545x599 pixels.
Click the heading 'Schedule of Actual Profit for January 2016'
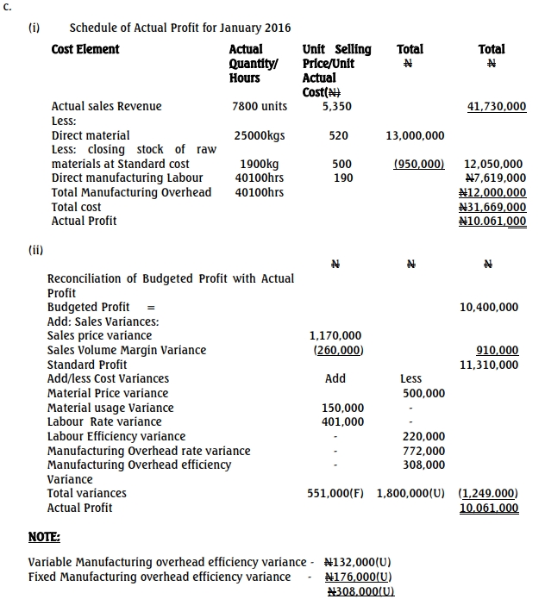click(x=180, y=28)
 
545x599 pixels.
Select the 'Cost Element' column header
click(x=85, y=50)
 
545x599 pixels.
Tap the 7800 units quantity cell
click(x=260, y=107)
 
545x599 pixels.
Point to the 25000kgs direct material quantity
click(x=259, y=135)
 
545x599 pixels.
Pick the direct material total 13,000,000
click(x=416, y=135)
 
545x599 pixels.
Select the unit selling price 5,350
click(x=336, y=107)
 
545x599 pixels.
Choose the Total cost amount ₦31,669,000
click(x=492, y=207)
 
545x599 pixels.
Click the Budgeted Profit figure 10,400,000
click(x=489, y=307)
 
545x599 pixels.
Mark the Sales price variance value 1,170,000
click(x=335, y=335)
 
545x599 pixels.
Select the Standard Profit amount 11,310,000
click(x=489, y=365)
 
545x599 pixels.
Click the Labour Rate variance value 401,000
click(x=342, y=421)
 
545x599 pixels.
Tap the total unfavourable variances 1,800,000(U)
click(x=411, y=493)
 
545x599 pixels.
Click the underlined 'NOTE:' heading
click(x=43, y=536)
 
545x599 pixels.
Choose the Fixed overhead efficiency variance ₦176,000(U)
click(x=358, y=577)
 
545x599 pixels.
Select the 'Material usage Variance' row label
click(x=110, y=408)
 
